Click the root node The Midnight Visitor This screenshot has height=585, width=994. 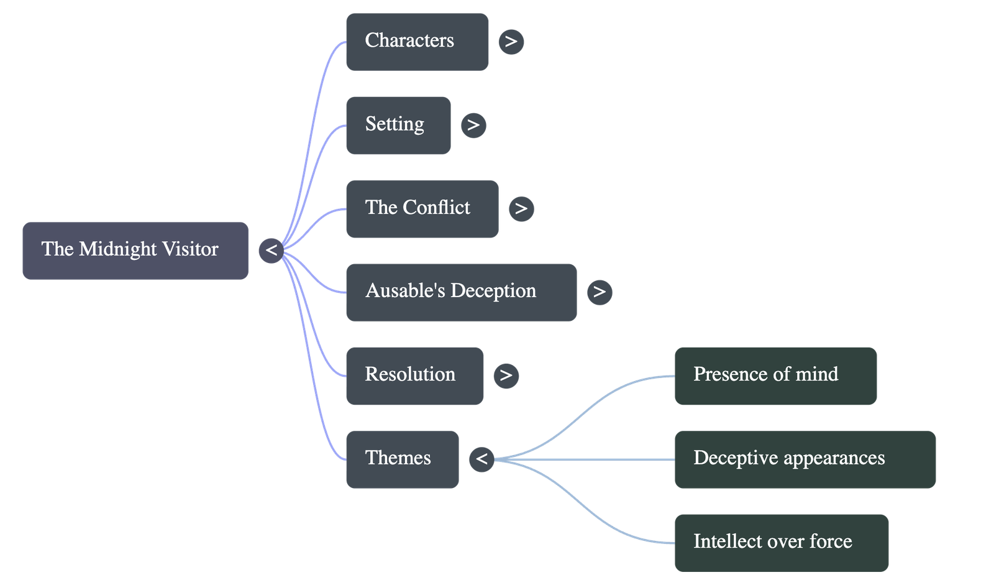(135, 251)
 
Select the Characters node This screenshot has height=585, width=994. (417, 42)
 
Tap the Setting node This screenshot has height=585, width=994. (398, 125)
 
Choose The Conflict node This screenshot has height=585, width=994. (422, 208)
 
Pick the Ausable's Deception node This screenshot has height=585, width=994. (461, 292)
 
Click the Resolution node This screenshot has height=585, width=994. (414, 375)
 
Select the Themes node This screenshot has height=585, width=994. (402, 459)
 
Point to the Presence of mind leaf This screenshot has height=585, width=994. (776, 375)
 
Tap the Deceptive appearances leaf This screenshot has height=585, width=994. (805, 459)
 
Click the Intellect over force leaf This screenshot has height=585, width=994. (782, 542)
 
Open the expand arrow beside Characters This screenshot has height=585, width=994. (511, 42)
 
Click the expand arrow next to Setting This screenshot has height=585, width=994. (473, 125)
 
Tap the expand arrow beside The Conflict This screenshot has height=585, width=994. (521, 208)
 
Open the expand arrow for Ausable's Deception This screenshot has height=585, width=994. (600, 292)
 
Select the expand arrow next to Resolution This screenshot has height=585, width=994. (506, 375)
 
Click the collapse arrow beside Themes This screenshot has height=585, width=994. (481, 459)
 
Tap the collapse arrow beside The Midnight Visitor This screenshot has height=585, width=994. (271, 251)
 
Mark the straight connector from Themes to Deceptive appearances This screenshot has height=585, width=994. (584, 459)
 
